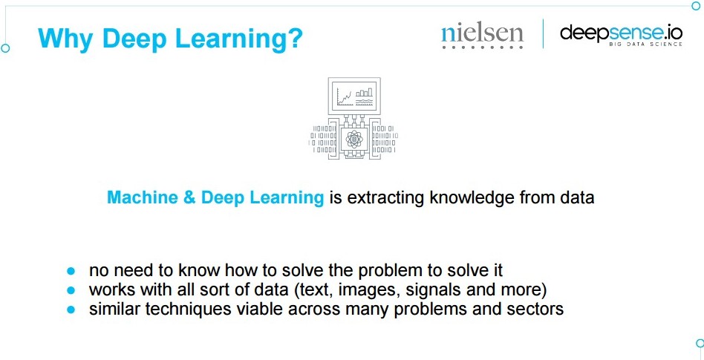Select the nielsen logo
point(482,35)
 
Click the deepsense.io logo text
point(622,33)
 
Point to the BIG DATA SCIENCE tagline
point(645,44)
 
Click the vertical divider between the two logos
point(543,33)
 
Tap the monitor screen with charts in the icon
point(354,96)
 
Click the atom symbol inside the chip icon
point(354,139)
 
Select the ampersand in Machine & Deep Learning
point(189,197)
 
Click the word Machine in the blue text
point(143,197)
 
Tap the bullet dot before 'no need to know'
point(71,271)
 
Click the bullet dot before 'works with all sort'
point(71,290)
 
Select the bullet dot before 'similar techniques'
point(71,310)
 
